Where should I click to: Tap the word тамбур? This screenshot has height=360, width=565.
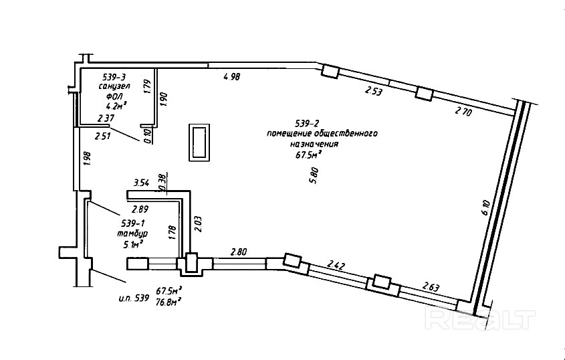tap(132, 233)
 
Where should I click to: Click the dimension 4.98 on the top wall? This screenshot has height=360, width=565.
tap(231, 78)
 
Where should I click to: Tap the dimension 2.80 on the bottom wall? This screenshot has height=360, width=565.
tap(239, 252)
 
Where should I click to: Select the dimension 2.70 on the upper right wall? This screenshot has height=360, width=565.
tap(463, 112)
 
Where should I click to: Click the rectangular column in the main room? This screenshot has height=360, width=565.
tap(199, 141)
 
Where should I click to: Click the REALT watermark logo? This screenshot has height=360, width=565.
tap(482, 320)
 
